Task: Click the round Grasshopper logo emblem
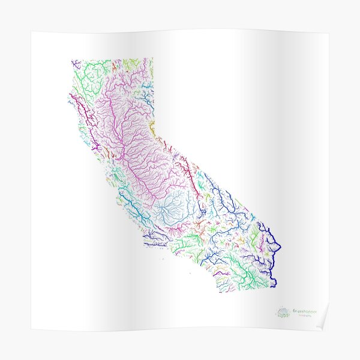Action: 283,312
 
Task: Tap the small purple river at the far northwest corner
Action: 74,64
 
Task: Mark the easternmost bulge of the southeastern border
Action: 280,246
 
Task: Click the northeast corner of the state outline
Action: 152,59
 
